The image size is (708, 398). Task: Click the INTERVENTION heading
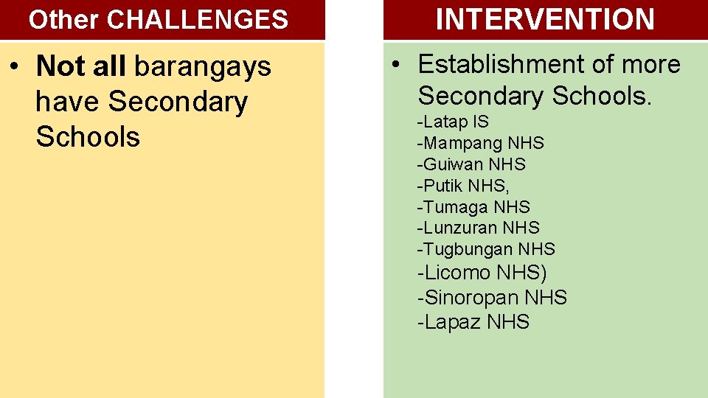click(x=545, y=19)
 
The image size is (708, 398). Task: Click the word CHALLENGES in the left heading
click(x=197, y=20)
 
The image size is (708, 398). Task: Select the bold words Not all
click(x=81, y=66)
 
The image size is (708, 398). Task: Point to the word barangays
click(x=203, y=67)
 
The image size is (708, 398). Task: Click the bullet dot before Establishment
click(x=396, y=64)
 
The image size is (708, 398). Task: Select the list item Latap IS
click(x=453, y=122)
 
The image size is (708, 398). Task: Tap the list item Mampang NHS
click(x=480, y=143)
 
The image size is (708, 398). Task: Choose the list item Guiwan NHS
click(x=471, y=164)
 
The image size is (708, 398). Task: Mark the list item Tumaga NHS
click(x=473, y=207)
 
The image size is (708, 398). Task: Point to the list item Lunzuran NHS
click(x=478, y=228)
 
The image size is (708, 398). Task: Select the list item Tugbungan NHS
click(x=486, y=249)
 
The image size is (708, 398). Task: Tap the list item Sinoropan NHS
click(x=492, y=298)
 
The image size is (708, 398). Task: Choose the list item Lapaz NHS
click(x=473, y=322)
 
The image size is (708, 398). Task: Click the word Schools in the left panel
click(x=88, y=136)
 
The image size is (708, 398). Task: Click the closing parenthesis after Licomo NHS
click(x=544, y=273)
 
